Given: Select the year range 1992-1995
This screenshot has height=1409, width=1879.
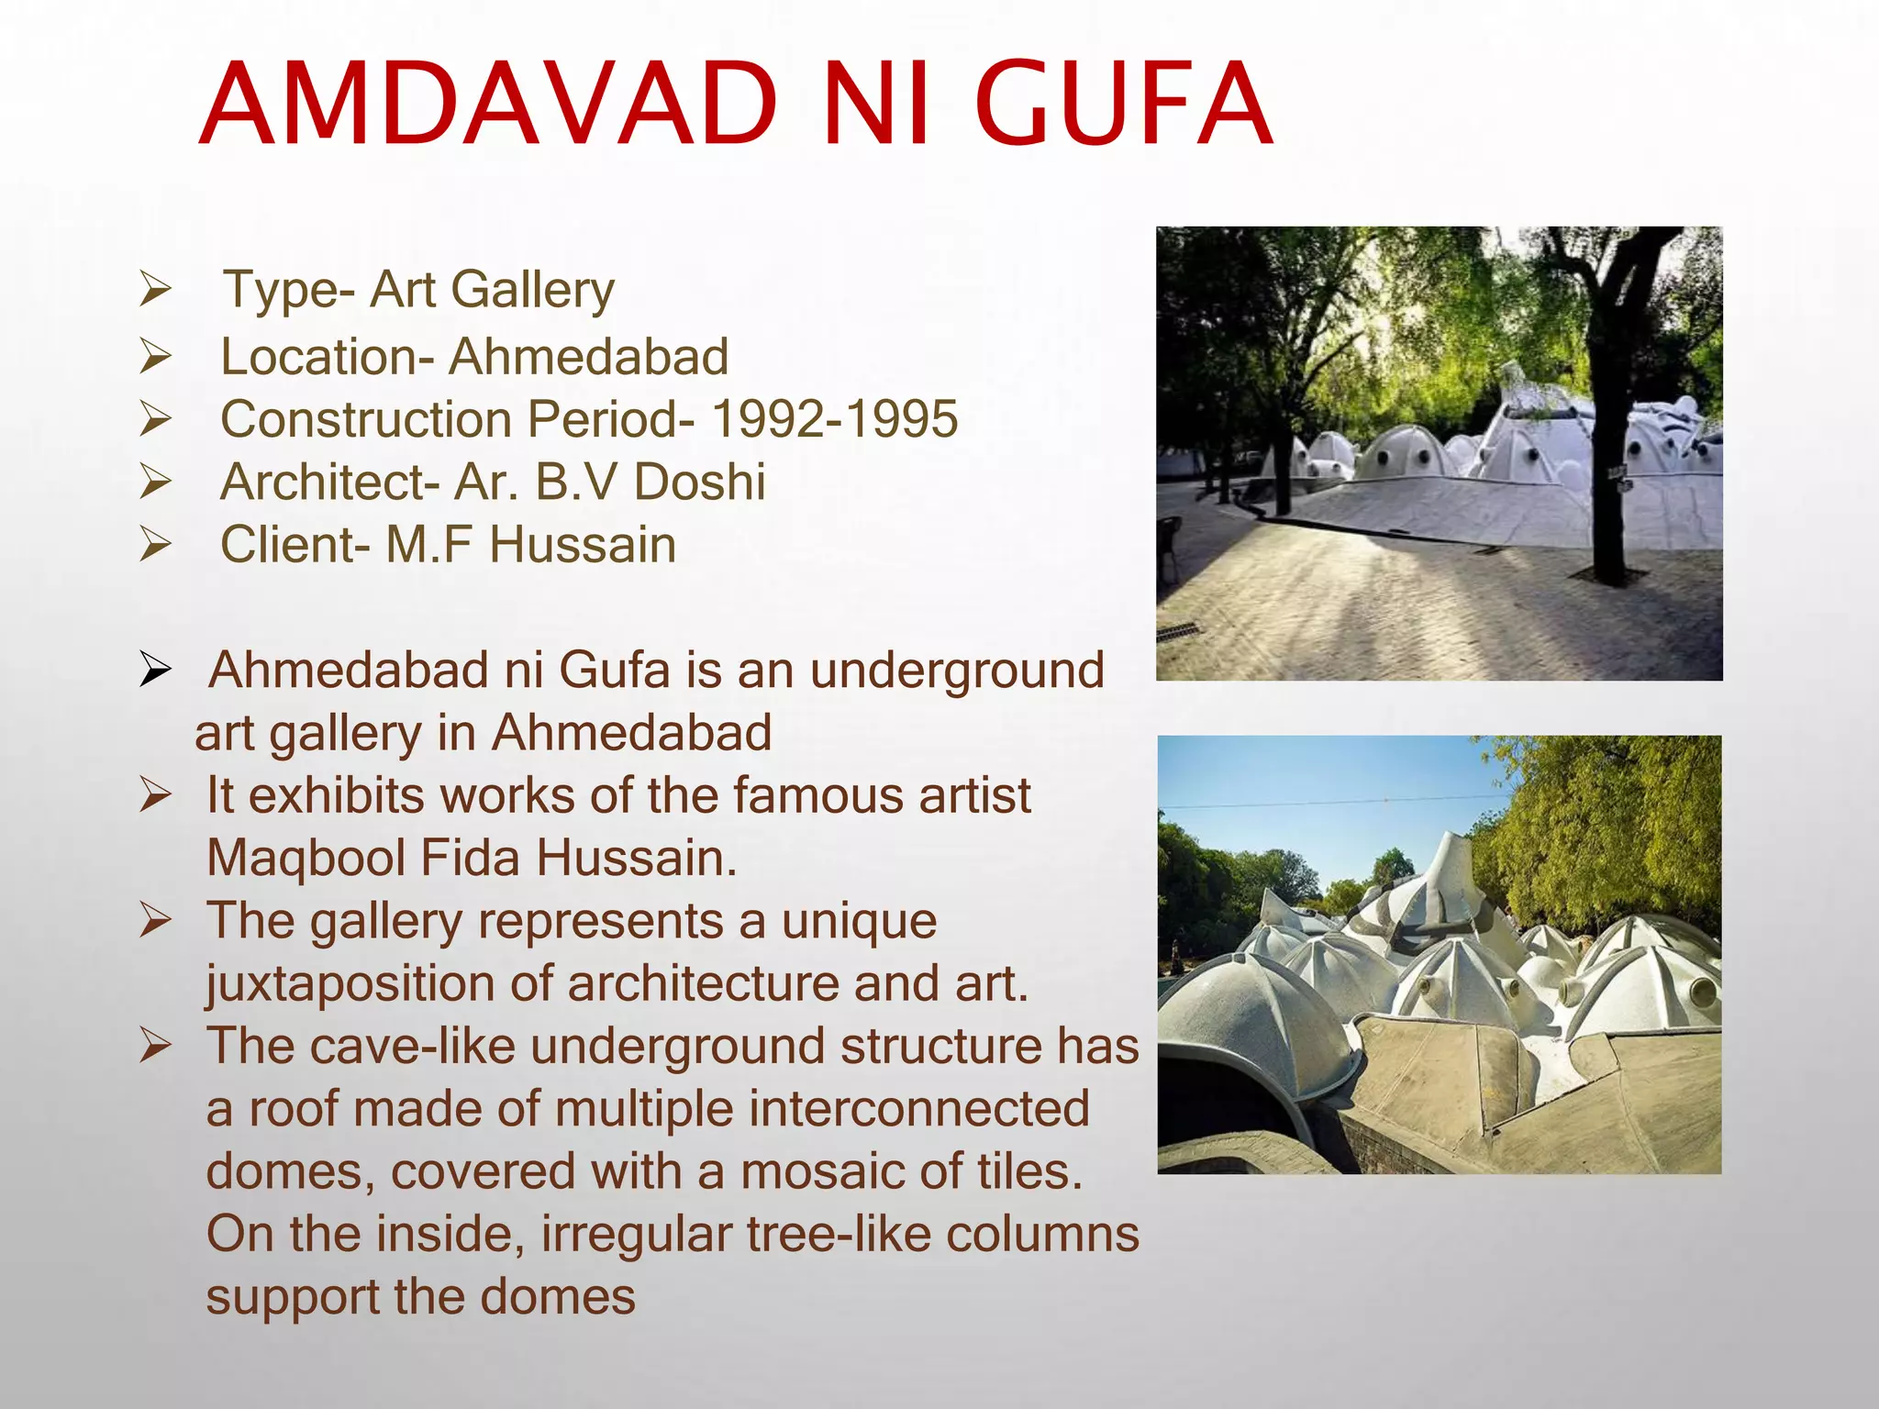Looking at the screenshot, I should pos(835,419).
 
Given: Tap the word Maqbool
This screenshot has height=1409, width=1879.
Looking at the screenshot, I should pos(306,859).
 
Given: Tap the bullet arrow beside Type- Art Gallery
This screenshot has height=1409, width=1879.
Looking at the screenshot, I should pos(155,290).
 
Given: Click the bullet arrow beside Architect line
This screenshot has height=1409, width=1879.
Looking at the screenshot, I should pos(155,482).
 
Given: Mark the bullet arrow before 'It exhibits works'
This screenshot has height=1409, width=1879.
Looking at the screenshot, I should pos(155,795).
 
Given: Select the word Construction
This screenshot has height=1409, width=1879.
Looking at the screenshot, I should pos(366,419).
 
